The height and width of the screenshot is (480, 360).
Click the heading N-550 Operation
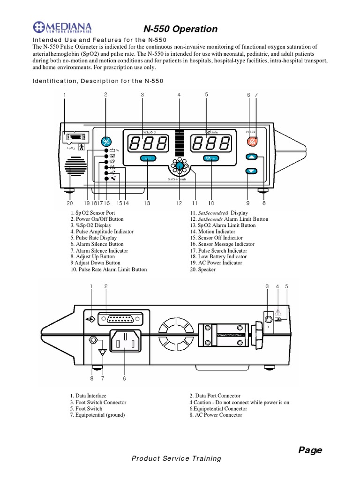pos(180,29)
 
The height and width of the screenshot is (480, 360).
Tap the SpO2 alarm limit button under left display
pos(147,159)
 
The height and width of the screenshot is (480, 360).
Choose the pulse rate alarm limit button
pos(211,158)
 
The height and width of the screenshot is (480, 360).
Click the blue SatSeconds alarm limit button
pos(179,166)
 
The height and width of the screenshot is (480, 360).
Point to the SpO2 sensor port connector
pos(74,137)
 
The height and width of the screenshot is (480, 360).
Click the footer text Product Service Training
pos(176,458)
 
